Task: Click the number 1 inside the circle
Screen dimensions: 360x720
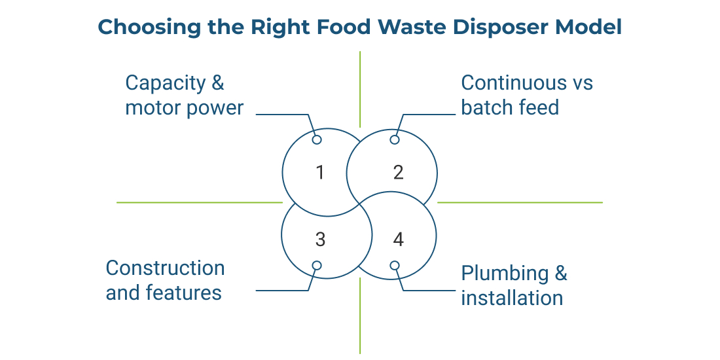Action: pyautogui.click(x=320, y=173)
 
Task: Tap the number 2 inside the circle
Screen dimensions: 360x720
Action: pyautogui.click(x=398, y=173)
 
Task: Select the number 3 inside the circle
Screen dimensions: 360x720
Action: pyautogui.click(x=320, y=240)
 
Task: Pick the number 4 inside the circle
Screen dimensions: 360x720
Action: pyautogui.click(x=398, y=240)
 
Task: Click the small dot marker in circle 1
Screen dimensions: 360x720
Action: pyautogui.click(x=317, y=139)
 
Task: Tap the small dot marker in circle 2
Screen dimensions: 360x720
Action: pyautogui.click(x=395, y=139)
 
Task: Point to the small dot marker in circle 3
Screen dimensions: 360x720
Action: pyautogui.click(x=317, y=265)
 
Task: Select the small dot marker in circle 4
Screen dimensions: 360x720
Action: pyautogui.click(x=395, y=265)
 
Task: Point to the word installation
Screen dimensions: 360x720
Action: pyautogui.click(x=512, y=298)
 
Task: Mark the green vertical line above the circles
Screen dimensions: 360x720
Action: pyautogui.click(x=360, y=89)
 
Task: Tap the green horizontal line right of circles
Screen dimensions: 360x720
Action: pyautogui.click(x=520, y=202)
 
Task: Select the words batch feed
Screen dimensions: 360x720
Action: pyautogui.click(x=510, y=108)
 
